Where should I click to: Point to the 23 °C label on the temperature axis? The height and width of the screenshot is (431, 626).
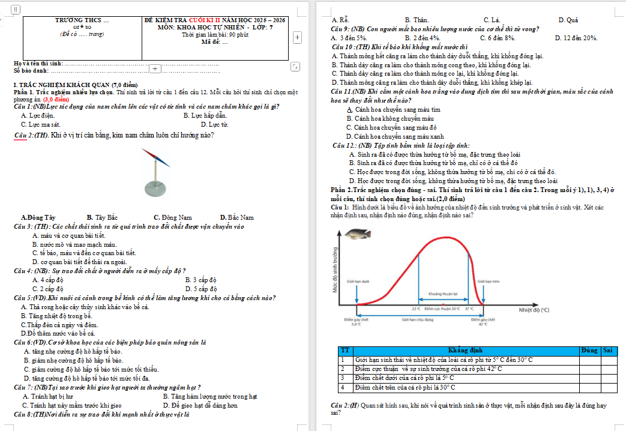416,309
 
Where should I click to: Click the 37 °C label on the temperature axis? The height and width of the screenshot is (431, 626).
469,309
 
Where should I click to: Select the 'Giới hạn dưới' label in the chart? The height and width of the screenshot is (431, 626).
358,280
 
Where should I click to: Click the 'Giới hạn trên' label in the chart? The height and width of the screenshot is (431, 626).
489,280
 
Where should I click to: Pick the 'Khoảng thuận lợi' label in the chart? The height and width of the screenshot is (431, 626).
443,294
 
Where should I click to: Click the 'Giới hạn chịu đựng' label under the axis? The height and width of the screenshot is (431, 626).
417,320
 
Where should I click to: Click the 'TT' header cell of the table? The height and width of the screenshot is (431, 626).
345,350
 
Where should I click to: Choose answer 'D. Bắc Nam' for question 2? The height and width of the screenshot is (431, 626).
236,217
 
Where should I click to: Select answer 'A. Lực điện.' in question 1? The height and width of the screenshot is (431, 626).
38,115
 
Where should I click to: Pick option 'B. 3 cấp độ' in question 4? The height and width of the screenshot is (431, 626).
201,280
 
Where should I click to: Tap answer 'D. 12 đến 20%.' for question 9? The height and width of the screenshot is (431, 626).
576,38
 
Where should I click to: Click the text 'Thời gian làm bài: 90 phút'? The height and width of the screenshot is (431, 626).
215,34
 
